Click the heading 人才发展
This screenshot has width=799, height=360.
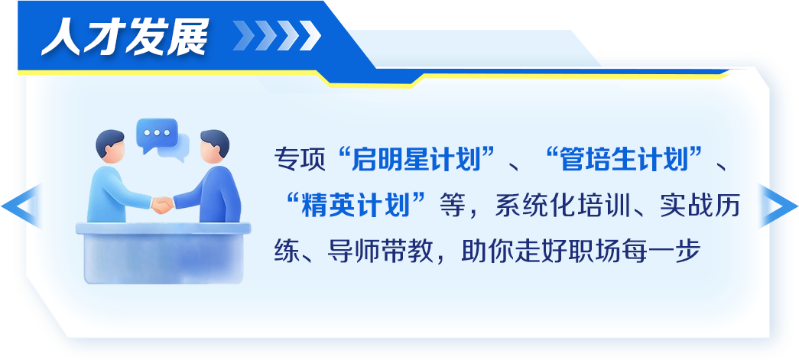point(125,37)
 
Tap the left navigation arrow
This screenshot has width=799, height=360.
point(21,206)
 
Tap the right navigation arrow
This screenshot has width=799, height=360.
point(778,206)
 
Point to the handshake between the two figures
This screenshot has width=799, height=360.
point(163,205)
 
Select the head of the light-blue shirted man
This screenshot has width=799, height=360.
point(109,146)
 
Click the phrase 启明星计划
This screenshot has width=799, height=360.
point(416,159)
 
